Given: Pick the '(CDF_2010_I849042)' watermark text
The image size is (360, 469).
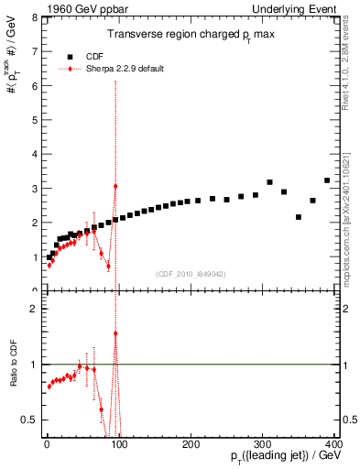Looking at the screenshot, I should [x=191, y=272].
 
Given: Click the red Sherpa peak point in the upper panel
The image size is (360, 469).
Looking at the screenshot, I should [x=115, y=186].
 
